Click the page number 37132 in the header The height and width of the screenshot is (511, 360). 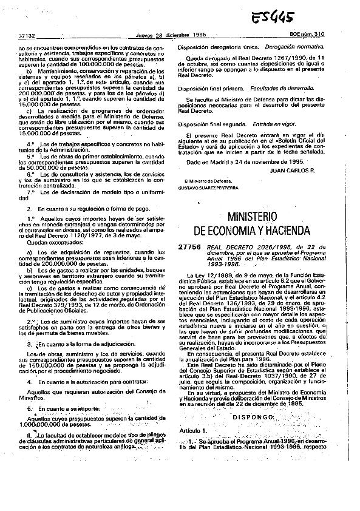coord(27,36)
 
